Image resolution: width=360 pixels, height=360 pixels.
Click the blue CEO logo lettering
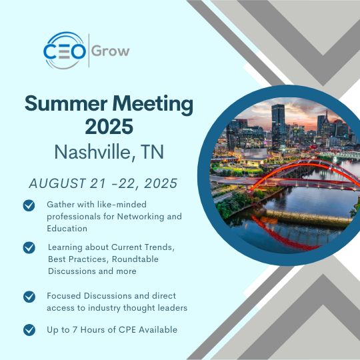(65, 51)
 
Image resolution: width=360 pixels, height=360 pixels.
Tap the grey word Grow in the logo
(111, 51)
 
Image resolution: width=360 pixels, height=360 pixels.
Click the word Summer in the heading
(66, 103)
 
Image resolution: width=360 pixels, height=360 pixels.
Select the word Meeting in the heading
(153, 105)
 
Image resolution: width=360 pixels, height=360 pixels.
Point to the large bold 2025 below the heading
(109, 126)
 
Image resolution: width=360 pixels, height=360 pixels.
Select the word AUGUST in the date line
(57, 183)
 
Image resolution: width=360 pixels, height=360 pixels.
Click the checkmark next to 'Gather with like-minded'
(29, 205)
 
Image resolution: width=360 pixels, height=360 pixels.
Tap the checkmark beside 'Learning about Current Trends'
(29, 248)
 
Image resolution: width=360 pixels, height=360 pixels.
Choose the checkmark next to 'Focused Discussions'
(29, 297)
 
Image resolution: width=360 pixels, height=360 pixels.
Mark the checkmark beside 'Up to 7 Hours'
(29, 330)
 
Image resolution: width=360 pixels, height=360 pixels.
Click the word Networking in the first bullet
(141, 217)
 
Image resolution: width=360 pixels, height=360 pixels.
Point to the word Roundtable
(135, 259)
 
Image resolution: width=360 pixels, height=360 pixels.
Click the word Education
(67, 229)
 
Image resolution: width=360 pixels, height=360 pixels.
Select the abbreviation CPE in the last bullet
(127, 330)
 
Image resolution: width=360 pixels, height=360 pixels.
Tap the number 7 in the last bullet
(75, 330)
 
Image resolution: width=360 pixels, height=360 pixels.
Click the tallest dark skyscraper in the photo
(278, 125)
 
